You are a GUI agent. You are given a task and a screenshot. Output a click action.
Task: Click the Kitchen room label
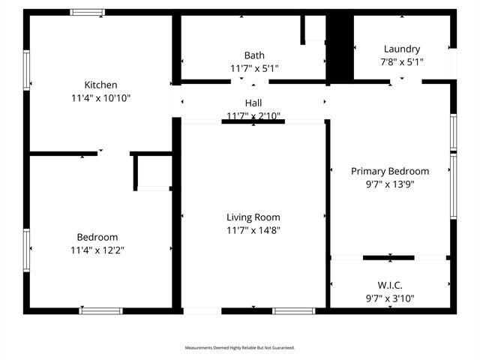coord(100,85)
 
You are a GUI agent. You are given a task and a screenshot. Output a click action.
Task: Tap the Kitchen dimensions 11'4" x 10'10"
coord(100,97)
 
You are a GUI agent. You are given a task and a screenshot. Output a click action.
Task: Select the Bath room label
coord(254,55)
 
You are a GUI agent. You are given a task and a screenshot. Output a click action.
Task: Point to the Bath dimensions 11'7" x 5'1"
coord(254,68)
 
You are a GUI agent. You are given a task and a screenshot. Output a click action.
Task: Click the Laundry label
coord(401,49)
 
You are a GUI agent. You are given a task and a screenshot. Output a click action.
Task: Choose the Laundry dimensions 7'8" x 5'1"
coord(401,62)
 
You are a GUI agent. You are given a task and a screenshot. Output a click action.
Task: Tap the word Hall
coord(253,103)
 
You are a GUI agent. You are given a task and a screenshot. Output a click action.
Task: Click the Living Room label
coord(253,217)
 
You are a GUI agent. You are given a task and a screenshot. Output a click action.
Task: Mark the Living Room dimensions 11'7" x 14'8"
coord(253,230)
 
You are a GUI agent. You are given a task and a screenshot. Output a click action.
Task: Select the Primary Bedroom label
coord(390,171)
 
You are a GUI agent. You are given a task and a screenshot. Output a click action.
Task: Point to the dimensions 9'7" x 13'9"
coord(390,184)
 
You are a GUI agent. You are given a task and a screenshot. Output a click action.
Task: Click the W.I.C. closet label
coord(390,285)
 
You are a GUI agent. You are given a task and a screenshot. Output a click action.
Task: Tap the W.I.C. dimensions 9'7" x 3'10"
coord(390,298)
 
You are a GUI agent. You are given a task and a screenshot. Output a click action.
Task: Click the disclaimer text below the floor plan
coord(240,348)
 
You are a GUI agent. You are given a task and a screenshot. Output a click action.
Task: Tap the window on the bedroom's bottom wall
coord(100,310)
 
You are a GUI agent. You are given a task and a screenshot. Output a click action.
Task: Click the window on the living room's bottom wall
coord(293,310)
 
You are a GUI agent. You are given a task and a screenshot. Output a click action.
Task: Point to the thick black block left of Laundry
coord(340,46)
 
